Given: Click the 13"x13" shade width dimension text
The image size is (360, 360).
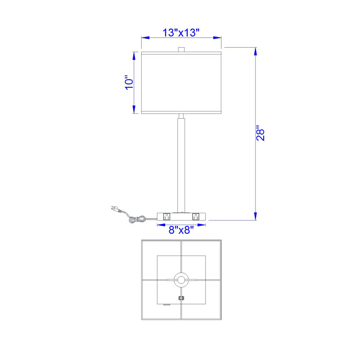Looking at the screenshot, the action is [181, 32].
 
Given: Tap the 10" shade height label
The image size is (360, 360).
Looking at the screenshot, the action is [129, 82].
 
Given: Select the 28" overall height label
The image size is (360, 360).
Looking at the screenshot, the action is [261, 133].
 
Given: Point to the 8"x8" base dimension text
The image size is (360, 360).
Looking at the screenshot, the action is [181, 229].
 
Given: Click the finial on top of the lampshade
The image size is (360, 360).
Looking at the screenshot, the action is [181, 49].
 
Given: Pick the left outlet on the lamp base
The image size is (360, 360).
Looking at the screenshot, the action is [166, 216].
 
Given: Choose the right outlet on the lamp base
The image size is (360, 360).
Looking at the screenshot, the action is [196, 216].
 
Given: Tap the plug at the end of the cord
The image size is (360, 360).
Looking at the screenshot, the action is [116, 209].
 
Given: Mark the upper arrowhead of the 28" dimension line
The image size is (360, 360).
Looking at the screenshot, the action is [255, 51].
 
